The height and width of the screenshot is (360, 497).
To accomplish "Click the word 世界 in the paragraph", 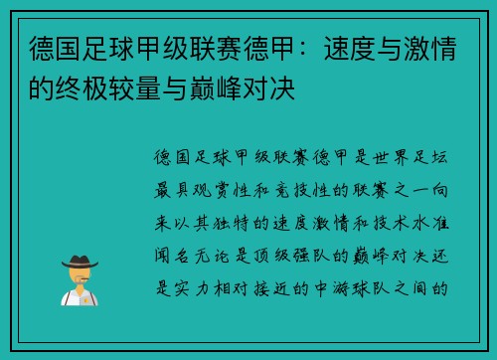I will click(x=397, y=157).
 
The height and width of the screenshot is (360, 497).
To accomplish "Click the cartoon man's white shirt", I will click(x=75, y=297).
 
